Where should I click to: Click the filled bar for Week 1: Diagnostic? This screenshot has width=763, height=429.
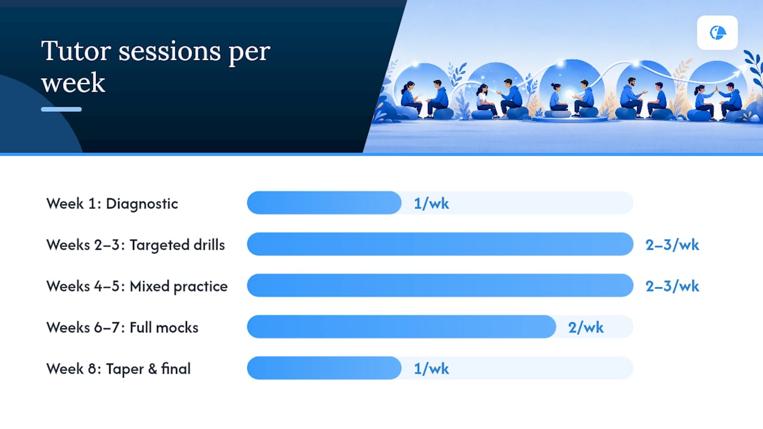pyautogui.click(x=324, y=203)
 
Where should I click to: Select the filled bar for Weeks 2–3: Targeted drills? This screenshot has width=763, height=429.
pyautogui.click(x=440, y=244)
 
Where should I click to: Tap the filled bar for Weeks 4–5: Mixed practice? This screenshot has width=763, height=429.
pyautogui.click(x=440, y=285)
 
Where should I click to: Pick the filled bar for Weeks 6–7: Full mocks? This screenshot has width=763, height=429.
pyautogui.click(x=401, y=327)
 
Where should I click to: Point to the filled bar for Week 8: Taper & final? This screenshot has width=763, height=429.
pyautogui.click(x=324, y=368)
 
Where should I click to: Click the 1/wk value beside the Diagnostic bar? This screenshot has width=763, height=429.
pyautogui.click(x=431, y=204)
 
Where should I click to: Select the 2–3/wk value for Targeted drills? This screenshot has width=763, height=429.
pyautogui.click(x=672, y=245)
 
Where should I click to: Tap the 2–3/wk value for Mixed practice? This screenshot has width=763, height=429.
pyautogui.click(x=672, y=286)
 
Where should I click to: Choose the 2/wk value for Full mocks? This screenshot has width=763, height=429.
pyautogui.click(x=585, y=328)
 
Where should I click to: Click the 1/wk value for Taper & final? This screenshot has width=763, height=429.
pyautogui.click(x=431, y=369)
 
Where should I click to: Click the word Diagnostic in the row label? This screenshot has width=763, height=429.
pyautogui.click(x=142, y=204)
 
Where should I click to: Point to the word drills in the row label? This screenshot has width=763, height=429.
pyautogui.click(x=209, y=245)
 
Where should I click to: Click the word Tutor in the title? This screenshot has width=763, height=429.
pyautogui.click(x=76, y=51)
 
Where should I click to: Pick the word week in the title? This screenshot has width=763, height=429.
pyautogui.click(x=73, y=83)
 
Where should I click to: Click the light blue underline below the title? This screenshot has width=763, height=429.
pyautogui.click(x=61, y=109)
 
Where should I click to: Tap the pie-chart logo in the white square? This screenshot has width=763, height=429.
pyautogui.click(x=718, y=33)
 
